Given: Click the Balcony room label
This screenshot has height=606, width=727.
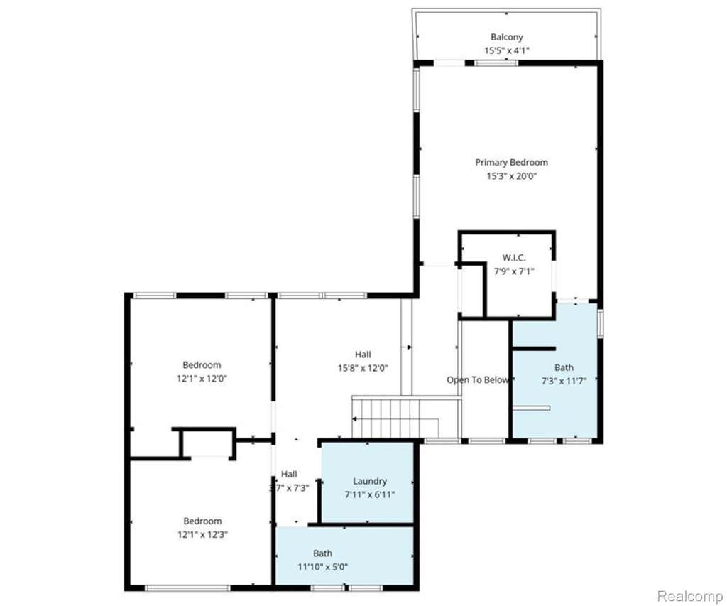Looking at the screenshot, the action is pos(507,37).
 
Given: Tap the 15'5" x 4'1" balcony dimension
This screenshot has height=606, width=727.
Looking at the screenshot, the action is pos(507,50).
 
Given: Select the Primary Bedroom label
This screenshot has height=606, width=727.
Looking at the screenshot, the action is pos(511,163).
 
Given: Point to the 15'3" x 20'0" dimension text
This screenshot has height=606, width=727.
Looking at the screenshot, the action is pos(511,176).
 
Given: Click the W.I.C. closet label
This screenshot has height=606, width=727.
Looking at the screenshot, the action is pos(514,257).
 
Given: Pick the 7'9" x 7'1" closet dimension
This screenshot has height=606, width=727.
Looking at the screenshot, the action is pos(514,271).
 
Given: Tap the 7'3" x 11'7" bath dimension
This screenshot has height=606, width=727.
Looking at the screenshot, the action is pos(564,381).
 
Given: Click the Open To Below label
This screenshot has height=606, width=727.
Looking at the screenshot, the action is pos(478,380).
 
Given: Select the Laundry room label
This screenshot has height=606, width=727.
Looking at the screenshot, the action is pos(369,481).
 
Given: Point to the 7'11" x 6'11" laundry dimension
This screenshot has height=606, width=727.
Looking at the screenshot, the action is pos(369,494).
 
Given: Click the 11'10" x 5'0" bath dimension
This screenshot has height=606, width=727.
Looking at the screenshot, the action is pos(322,566).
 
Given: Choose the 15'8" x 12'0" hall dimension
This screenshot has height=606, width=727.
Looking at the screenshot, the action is pos(363,368).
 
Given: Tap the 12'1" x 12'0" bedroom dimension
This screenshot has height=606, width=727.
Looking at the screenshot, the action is pos(202,378).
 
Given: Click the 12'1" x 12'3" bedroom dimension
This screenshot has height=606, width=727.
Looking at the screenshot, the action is pos(202,534).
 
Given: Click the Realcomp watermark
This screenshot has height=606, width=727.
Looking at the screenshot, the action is pos(690,596).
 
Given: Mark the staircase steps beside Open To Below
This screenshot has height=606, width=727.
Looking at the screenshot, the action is pos(395,418).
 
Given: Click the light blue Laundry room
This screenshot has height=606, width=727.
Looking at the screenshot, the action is pos(367,482).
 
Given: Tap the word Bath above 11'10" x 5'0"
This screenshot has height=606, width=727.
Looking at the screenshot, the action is pos(322,553).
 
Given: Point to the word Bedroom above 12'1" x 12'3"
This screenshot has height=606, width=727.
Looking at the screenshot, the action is pos(202,521).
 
